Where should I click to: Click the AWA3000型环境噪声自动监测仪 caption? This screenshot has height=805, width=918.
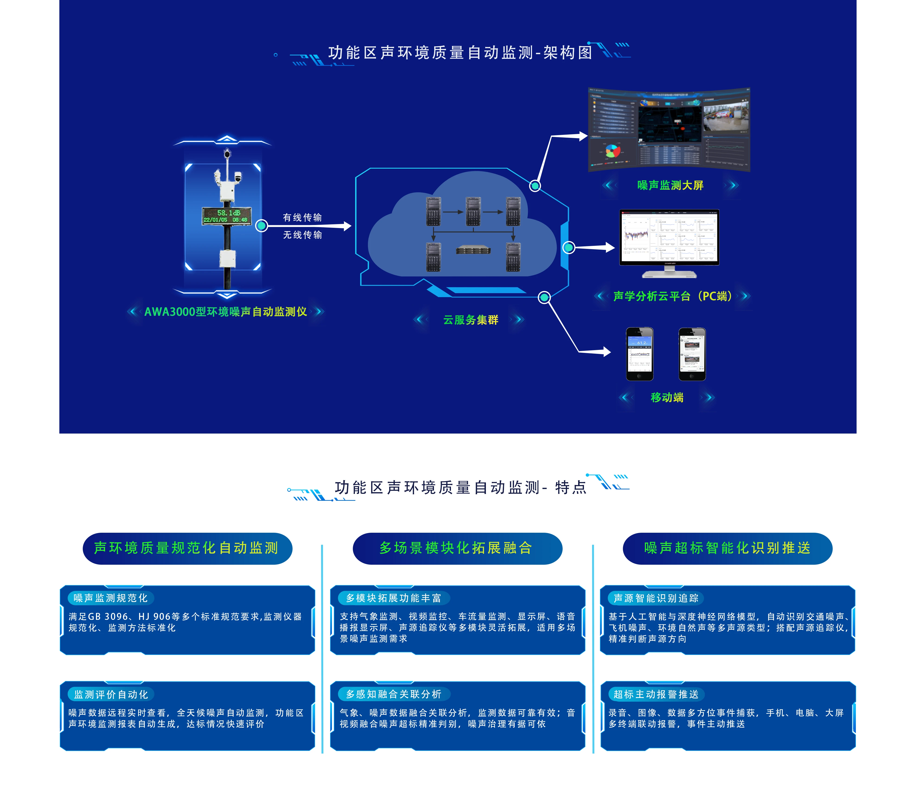point(226,312)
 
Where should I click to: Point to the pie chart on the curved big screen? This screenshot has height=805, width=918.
point(612,151)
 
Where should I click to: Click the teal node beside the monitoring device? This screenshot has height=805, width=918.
point(261,226)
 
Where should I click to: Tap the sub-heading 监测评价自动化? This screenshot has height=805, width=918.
point(111,694)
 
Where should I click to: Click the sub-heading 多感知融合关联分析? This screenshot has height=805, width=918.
point(393,694)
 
